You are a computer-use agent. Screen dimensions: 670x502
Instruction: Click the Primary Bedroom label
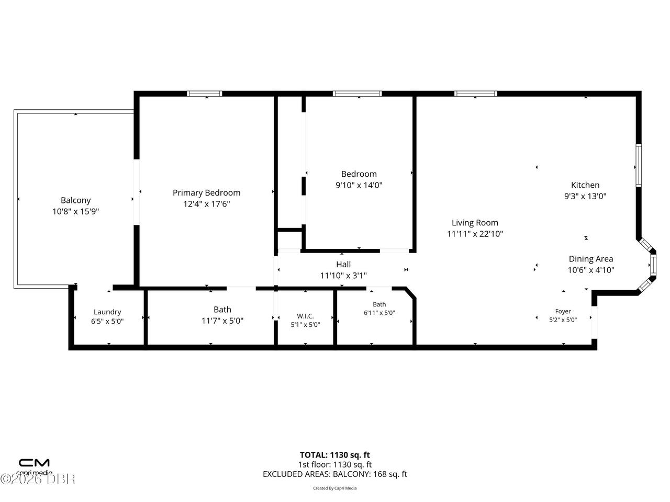(x=206, y=192)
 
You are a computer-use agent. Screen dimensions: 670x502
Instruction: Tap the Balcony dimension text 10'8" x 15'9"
(x=76, y=211)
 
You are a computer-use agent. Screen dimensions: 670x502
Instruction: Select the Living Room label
(x=475, y=223)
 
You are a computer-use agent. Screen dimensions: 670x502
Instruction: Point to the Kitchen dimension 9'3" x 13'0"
(x=585, y=196)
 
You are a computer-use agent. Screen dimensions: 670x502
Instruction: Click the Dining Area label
(x=591, y=259)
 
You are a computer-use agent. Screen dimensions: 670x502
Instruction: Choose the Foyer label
(x=563, y=311)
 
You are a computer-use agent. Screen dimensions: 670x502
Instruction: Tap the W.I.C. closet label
(x=305, y=316)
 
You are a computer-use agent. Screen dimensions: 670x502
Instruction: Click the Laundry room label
(x=107, y=312)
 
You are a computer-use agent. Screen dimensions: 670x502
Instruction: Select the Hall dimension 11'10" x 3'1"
(x=343, y=276)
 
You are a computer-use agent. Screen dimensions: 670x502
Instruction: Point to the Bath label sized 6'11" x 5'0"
(x=379, y=304)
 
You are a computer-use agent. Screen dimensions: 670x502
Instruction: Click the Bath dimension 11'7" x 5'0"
(x=222, y=321)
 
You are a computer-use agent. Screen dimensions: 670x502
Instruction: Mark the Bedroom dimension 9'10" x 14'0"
(x=359, y=185)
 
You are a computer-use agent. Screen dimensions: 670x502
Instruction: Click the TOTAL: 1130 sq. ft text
(x=335, y=455)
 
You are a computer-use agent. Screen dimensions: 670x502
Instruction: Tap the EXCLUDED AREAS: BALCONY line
(x=335, y=474)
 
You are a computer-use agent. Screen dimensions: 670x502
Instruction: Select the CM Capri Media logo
(x=34, y=466)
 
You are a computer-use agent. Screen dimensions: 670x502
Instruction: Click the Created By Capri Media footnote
(x=335, y=488)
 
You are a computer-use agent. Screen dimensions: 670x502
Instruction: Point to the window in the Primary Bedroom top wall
(x=205, y=94)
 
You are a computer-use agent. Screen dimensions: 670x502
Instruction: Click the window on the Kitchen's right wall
(x=639, y=166)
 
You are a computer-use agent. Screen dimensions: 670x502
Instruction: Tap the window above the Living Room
(x=476, y=94)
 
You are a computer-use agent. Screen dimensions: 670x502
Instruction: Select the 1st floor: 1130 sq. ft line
(x=335, y=464)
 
